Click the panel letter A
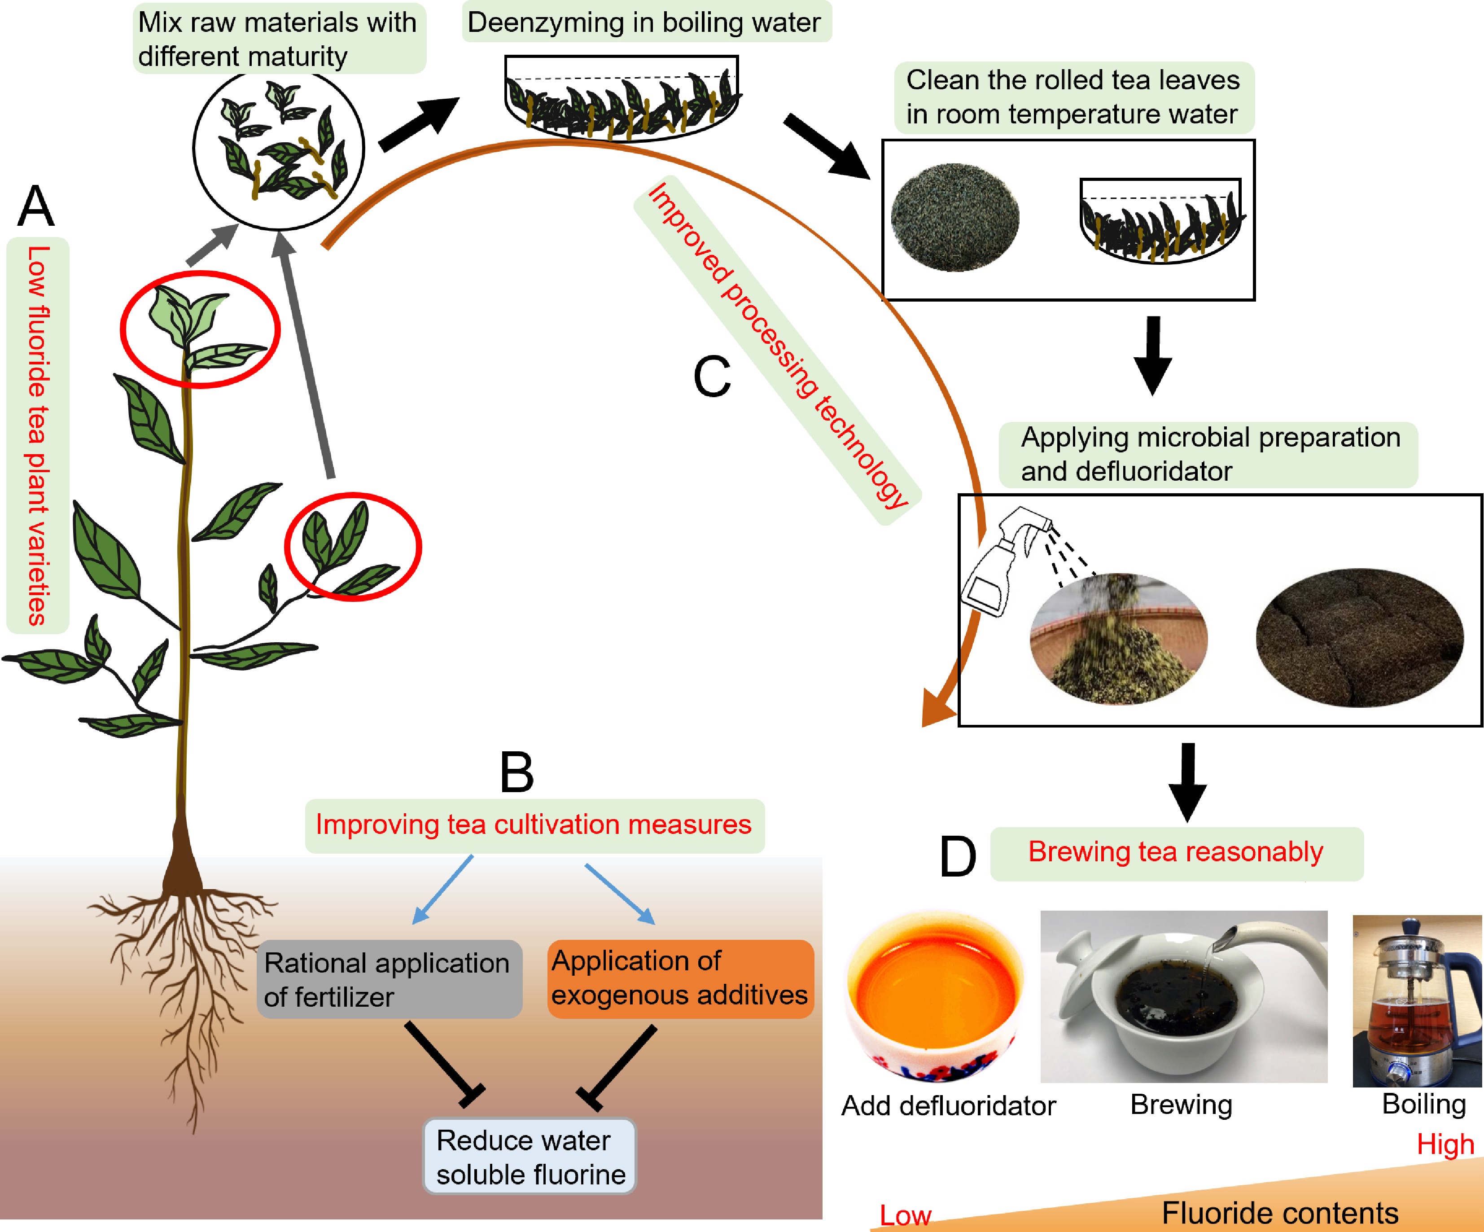click(x=36, y=206)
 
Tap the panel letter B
click(x=517, y=772)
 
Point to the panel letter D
click(x=958, y=857)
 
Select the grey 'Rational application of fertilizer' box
click(x=389, y=979)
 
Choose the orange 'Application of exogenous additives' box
click(x=680, y=978)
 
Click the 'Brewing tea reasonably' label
click(x=1176, y=852)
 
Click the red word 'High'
click(x=1445, y=1144)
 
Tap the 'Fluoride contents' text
click(x=1280, y=1213)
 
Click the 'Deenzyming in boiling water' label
click(x=644, y=22)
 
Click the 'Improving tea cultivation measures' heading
click(x=534, y=825)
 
